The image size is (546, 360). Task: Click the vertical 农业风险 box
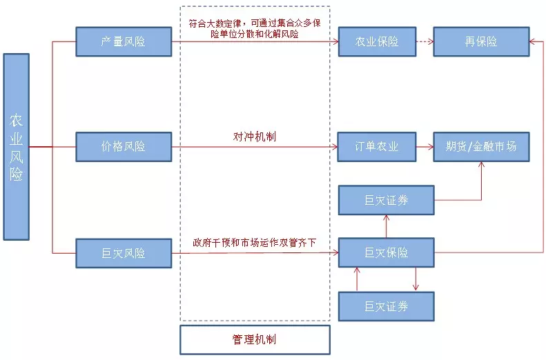point(17,147)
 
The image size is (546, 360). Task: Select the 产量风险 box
point(124,41)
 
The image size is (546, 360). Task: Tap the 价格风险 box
point(124,147)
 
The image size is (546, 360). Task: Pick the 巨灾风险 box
point(124,253)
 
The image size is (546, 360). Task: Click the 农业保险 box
point(377,41)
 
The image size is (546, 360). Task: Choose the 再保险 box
point(481,41)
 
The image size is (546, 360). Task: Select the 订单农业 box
point(377,147)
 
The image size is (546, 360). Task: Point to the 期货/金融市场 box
point(481,147)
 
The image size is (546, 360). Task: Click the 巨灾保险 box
point(386,253)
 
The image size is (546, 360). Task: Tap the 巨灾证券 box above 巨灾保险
point(386,200)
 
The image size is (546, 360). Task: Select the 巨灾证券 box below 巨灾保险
point(386,306)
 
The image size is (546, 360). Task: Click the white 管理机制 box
point(255,339)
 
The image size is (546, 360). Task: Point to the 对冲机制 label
point(255,137)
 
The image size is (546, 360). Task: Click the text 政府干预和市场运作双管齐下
point(255,243)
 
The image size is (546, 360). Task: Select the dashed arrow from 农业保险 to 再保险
point(425,41)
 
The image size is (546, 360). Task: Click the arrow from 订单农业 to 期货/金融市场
point(425,147)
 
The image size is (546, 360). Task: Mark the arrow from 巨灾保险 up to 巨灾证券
point(386,226)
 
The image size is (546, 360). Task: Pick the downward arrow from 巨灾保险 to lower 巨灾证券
point(416,279)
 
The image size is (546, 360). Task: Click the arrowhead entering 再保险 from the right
point(533,41)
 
